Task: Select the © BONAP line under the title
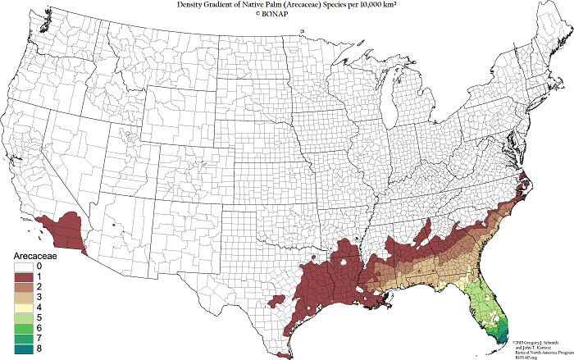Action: point(287,15)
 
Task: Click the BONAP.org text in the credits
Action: point(524,356)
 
